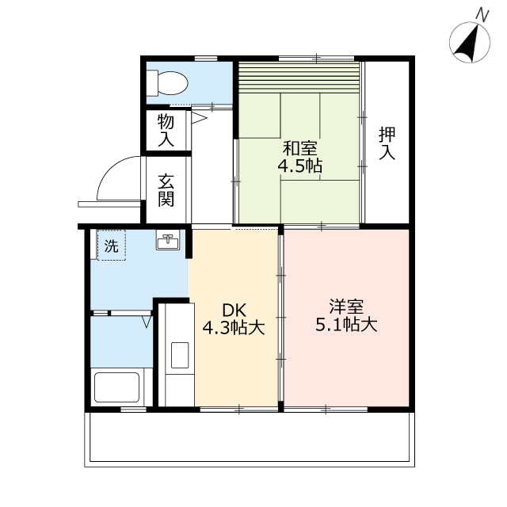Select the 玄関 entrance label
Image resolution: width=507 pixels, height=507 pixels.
pyautogui.click(x=166, y=190)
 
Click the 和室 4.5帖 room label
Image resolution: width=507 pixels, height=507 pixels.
pyautogui.click(x=299, y=157)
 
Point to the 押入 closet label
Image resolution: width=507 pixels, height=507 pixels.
pyautogui.click(x=387, y=143)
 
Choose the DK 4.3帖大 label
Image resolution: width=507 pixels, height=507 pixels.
pyautogui.click(x=234, y=319)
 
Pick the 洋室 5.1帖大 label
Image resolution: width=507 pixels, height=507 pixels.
pyautogui.click(x=346, y=315)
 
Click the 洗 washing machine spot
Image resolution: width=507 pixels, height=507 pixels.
pyautogui.click(x=111, y=246)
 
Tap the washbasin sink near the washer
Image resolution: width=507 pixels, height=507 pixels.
pyautogui.click(x=168, y=239)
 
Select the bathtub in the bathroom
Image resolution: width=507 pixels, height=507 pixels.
pyautogui.click(x=116, y=387)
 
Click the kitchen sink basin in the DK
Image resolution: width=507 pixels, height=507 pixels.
pyautogui.click(x=180, y=355)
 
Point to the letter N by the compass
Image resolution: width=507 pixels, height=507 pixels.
pyautogui.click(x=482, y=16)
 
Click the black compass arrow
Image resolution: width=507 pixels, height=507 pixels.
pyautogui.click(x=467, y=44)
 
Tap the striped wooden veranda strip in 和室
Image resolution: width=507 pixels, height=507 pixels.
pyautogui.click(x=299, y=78)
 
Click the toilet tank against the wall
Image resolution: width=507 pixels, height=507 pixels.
pyautogui.click(x=152, y=83)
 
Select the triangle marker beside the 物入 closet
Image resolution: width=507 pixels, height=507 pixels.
pyautogui.click(x=199, y=118)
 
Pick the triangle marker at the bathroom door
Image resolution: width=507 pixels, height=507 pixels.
pyautogui.click(x=147, y=322)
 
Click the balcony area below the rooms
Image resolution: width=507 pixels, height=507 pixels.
pyautogui.click(x=250, y=439)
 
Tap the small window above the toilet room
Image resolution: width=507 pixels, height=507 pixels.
pyautogui.click(x=206, y=59)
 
